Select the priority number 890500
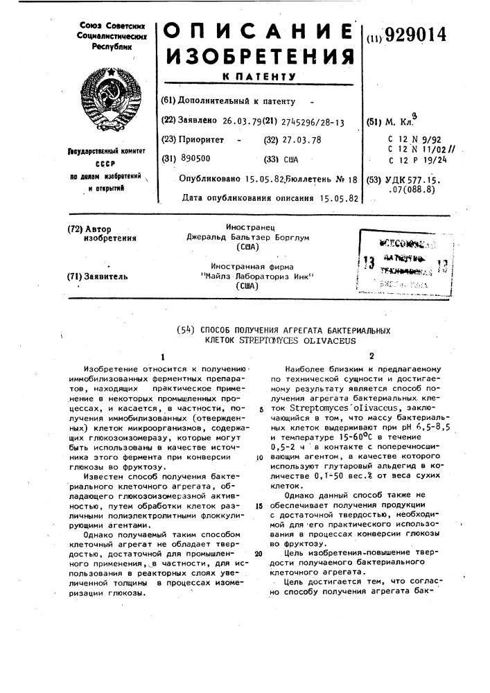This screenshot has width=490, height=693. pyautogui.click(x=195, y=159)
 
